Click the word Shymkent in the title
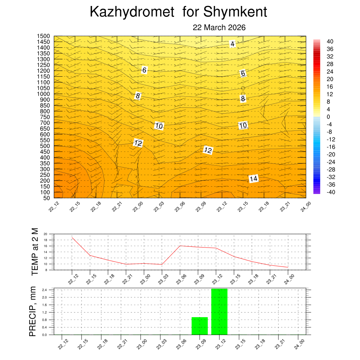pyautogui.click(x=235, y=12)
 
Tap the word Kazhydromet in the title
pyautogui.click(x=132, y=12)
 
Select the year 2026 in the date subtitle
pyautogui.click(x=237, y=27)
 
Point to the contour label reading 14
pyautogui.click(x=253, y=179)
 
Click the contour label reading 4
pyautogui.click(x=232, y=44)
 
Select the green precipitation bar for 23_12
pyautogui.click(x=219, y=311)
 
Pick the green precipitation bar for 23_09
pyautogui.click(x=200, y=326)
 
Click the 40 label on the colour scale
pyautogui.click(x=330, y=41)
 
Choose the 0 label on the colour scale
pyautogui.click(x=328, y=117)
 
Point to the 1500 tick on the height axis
pyautogui.click(x=44, y=36)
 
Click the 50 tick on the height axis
pyautogui.click(x=47, y=198)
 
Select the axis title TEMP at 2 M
pyautogui.click(x=34, y=251)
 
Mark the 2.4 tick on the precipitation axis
pyautogui.click(x=45, y=290)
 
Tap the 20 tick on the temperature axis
pyautogui.click(x=45, y=234)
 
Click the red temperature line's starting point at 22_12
pyautogui.click(x=72, y=238)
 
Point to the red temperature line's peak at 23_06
pyautogui.click(x=180, y=246)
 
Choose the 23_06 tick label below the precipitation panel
pyautogui.click(x=180, y=346)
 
